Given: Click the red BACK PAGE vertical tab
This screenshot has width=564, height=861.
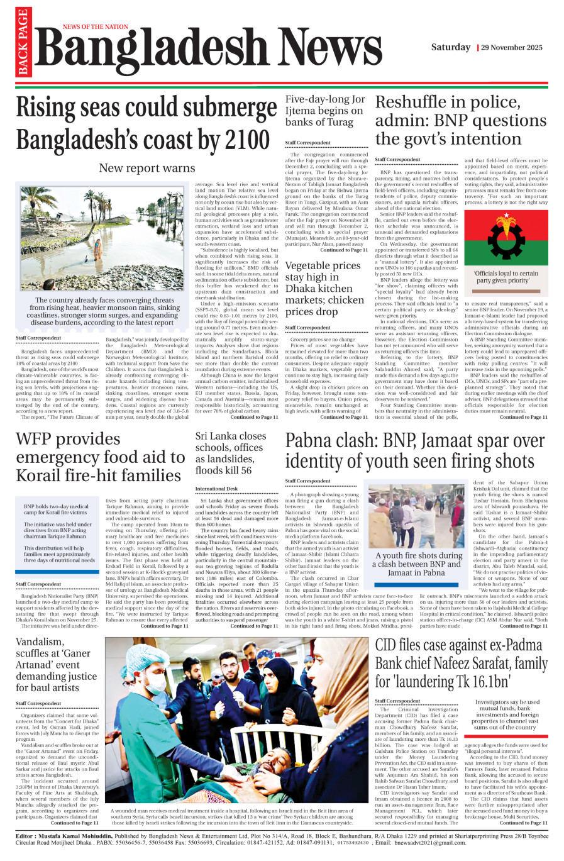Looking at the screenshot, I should click(23, 43).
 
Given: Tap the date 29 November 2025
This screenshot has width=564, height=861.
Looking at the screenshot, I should click(512, 48).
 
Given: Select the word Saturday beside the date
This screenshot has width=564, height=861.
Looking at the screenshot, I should click(450, 47).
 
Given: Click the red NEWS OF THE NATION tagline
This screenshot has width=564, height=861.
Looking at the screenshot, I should click(95, 27).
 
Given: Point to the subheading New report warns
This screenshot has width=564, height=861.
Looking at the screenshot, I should click(147, 168).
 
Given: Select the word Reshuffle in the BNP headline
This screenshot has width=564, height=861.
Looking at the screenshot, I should click(412, 102).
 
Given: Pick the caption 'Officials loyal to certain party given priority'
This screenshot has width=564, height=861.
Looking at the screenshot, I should click(506, 277).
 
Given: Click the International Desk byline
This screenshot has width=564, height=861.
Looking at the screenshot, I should click(216, 488).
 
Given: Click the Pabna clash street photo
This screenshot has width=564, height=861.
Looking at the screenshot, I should click(416, 516).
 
